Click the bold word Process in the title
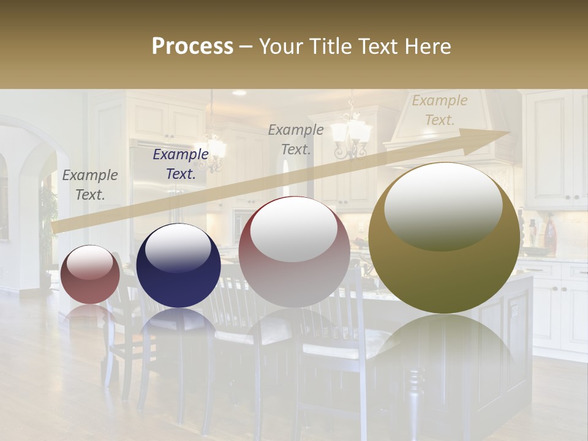pyautogui.click(x=192, y=47)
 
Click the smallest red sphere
pyautogui.click(x=90, y=274)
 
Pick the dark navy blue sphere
pyautogui.click(x=178, y=267)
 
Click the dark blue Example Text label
pyautogui.click(x=181, y=164)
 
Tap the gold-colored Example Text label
pyautogui.click(x=439, y=110)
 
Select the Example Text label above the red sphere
pyautogui.click(x=90, y=184)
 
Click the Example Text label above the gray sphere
pyautogui.click(x=296, y=140)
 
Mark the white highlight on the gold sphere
pyautogui.click(x=443, y=205)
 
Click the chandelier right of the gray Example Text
pyautogui.click(x=352, y=132)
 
